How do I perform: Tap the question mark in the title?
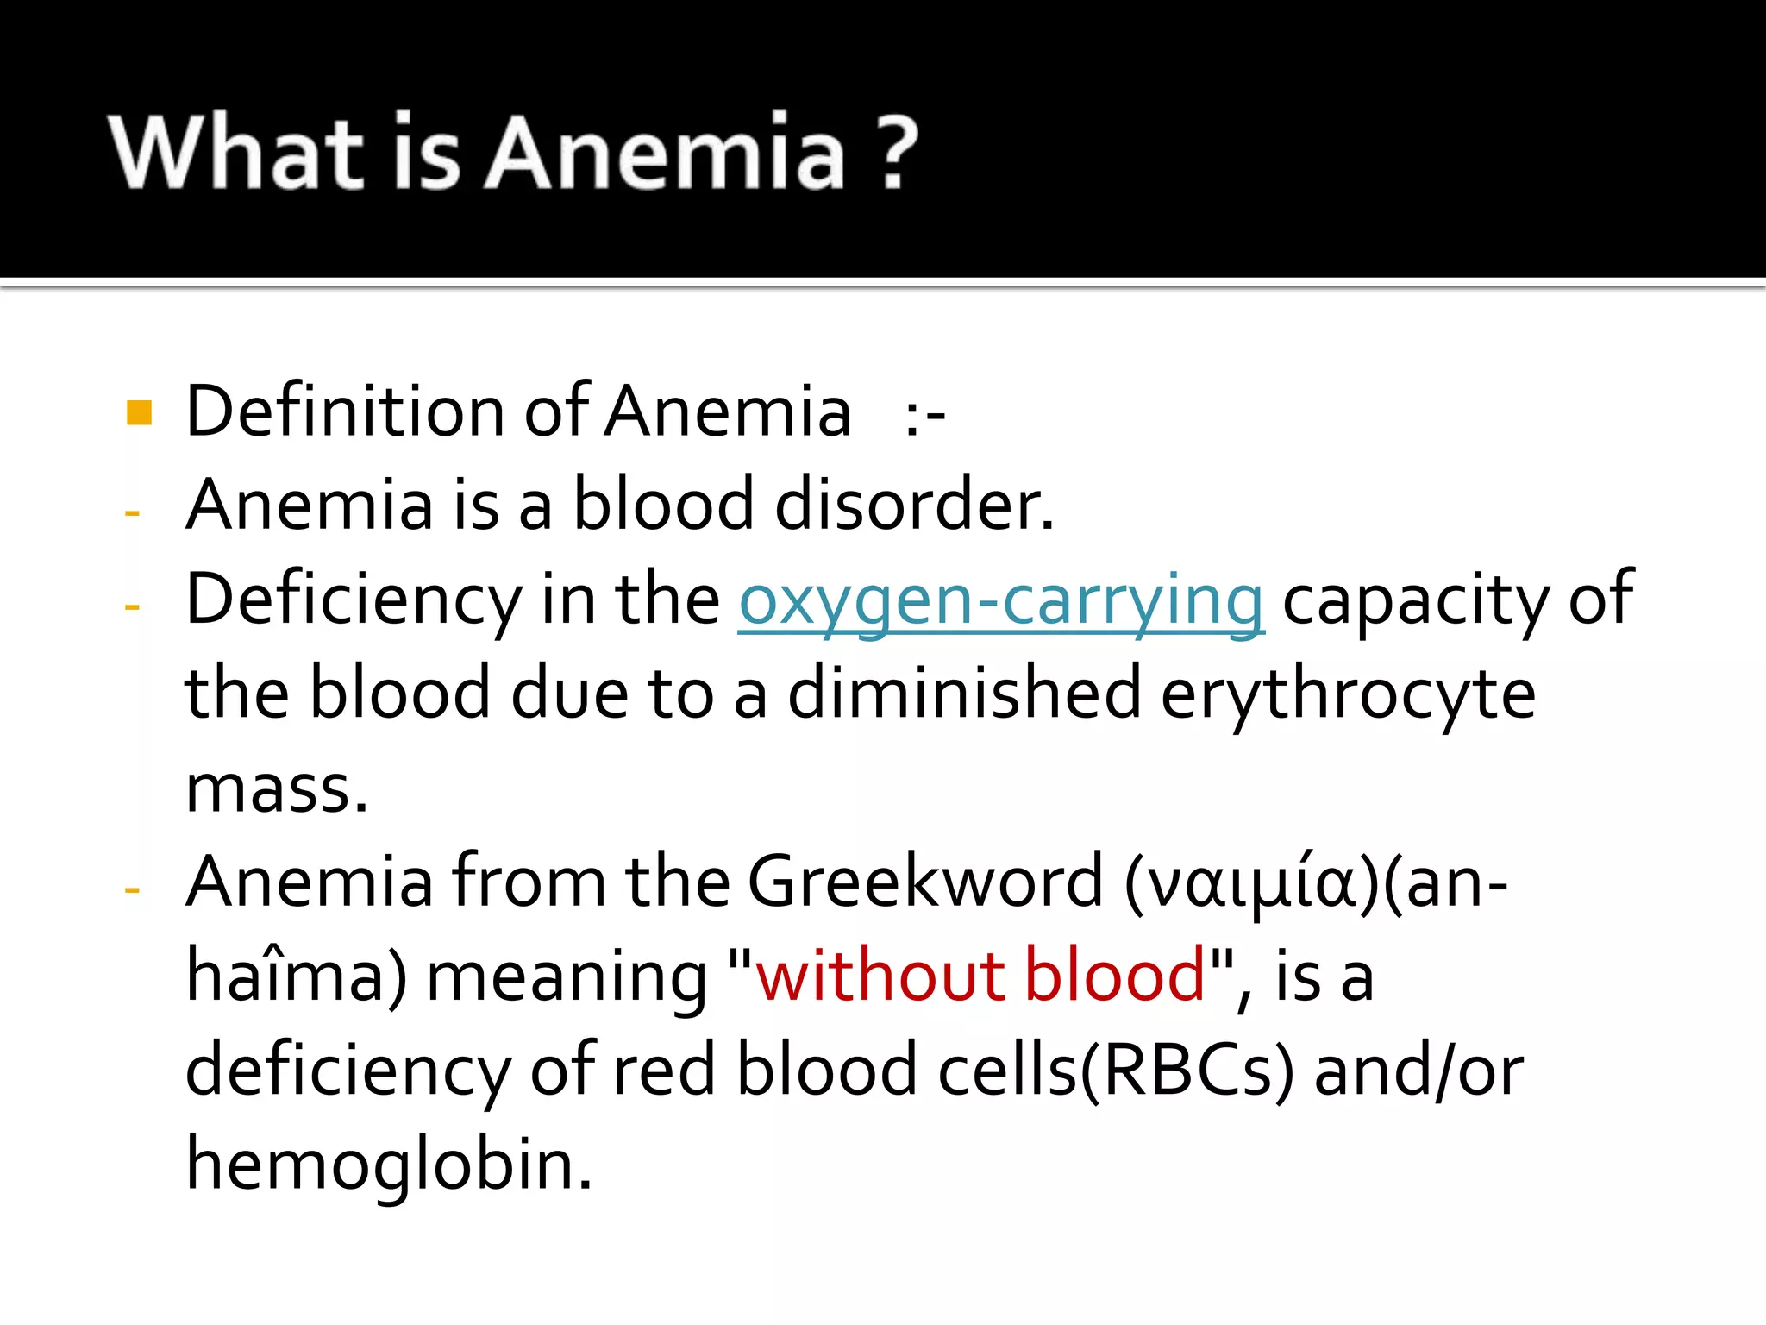896,152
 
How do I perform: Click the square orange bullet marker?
139,412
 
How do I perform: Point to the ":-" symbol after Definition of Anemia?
924,416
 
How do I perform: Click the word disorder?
914,505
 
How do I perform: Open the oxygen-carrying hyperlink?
1001,600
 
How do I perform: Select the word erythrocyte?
1348,695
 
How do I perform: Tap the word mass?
277,788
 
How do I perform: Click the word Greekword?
924,882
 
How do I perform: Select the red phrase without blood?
980,976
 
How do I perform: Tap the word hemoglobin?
389,1165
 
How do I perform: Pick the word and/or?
1418,1071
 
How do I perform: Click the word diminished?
964,694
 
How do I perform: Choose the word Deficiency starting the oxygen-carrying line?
353,600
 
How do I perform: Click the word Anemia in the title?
665,152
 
